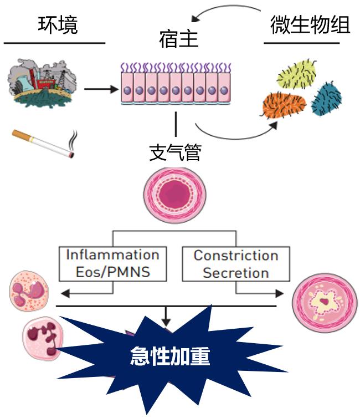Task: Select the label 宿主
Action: pyautogui.click(x=178, y=40)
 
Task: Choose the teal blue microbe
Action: pyautogui.click(x=326, y=99)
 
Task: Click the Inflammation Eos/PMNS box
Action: pyautogui.click(x=112, y=263)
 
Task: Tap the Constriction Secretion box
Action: pyautogui.click(x=235, y=264)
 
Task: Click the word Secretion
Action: pyautogui.click(x=235, y=273)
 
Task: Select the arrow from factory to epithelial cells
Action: pyautogui.click(x=102, y=89)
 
